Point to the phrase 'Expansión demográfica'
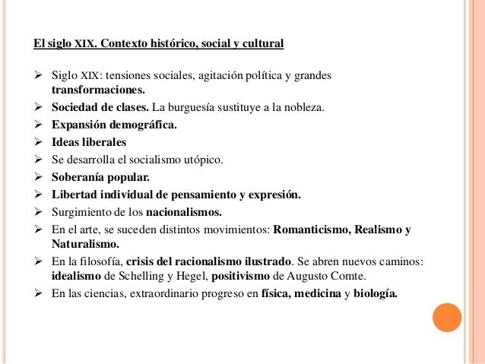pos(113,125)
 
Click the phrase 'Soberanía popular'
pos(100,177)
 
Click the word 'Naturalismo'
pos(85,245)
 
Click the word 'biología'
pos(374,294)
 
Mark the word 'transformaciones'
pos(97,90)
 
